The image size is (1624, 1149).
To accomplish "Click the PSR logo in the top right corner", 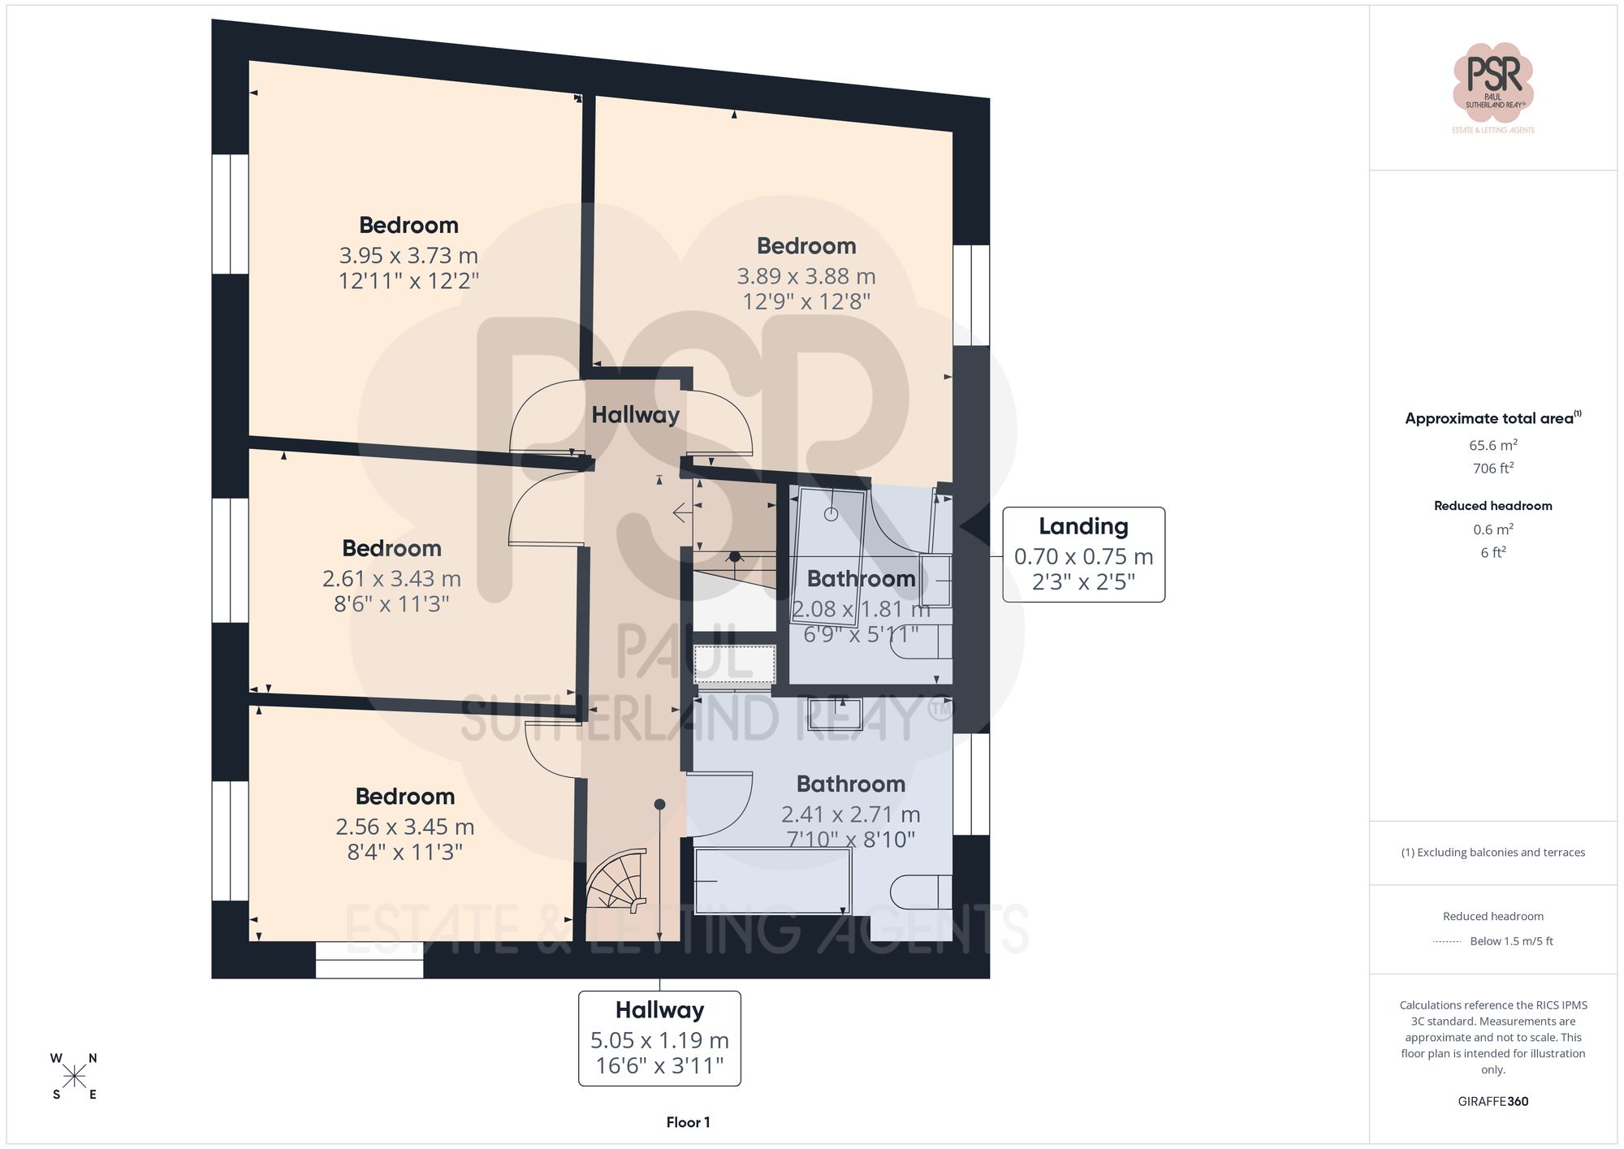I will tap(1492, 82).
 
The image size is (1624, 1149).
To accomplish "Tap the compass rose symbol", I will tap(74, 1077).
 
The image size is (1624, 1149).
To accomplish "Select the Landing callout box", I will tap(1083, 555).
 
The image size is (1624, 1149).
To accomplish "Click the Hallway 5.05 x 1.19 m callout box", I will tap(659, 1038).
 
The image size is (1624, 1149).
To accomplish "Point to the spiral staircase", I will tap(619, 880).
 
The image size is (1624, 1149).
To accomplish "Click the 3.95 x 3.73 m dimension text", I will tap(408, 256).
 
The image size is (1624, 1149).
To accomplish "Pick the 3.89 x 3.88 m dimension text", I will tap(806, 277).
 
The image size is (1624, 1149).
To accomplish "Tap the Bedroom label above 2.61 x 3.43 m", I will tap(391, 548).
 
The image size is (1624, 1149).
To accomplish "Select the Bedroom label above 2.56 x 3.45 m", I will tap(404, 797).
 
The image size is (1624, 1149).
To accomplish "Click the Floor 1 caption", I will tap(688, 1122).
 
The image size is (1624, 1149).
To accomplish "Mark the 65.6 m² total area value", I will tap(1492, 445).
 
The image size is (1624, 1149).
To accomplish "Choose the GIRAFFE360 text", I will tap(1492, 1101).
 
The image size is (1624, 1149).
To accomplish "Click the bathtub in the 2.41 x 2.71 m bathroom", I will tap(771, 880).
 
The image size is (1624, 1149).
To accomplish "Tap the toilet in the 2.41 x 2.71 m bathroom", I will tap(921, 892).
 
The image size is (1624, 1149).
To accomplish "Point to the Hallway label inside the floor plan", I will tap(635, 415).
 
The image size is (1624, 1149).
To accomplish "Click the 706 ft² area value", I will tap(1492, 469).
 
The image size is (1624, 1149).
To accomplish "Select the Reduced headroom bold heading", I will tap(1492, 506).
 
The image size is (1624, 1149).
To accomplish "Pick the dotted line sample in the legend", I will tap(1447, 942).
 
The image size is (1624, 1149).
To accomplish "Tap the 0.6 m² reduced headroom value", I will tap(1492, 529).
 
